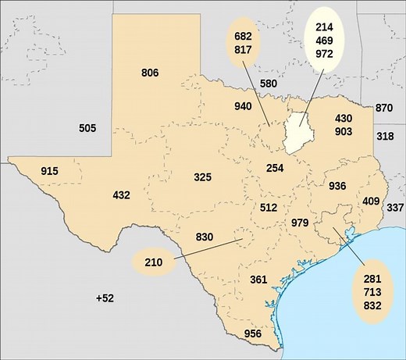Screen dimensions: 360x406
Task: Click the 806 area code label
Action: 150,73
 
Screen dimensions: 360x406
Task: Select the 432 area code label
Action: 121,195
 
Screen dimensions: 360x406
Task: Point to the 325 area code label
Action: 202,178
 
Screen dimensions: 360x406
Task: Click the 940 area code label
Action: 244,106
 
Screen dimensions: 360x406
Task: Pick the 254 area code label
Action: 274,169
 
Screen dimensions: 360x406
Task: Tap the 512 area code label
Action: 268,208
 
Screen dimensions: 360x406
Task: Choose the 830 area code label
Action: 205,237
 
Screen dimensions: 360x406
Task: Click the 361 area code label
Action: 258,280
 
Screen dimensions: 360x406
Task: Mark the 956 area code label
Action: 253,334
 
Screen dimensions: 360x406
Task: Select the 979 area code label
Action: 300,223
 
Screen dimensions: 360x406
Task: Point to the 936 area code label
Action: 337,187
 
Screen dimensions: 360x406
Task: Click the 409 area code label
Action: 371,201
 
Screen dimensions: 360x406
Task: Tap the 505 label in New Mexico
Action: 87,128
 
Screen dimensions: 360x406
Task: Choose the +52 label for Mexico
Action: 105,298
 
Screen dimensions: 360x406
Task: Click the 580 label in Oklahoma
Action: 269,84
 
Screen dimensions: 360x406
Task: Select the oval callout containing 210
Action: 153,262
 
